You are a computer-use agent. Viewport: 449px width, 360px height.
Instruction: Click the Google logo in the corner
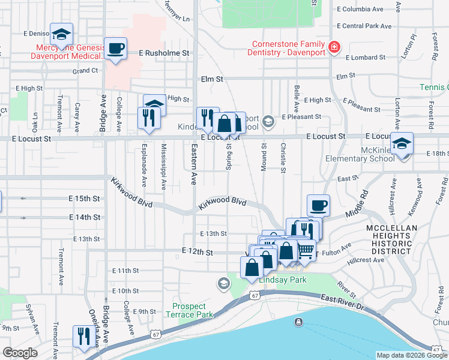(x=20, y=353)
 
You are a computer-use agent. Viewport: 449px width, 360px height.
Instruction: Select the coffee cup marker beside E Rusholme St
(x=115, y=48)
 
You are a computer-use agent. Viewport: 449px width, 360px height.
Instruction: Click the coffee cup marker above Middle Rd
(x=318, y=205)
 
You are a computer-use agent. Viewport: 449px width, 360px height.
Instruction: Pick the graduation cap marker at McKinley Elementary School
(x=402, y=143)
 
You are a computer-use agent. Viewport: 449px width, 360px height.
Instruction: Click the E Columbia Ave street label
(x=360, y=10)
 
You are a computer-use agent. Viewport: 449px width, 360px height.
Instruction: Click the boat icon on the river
(x=298, y=323)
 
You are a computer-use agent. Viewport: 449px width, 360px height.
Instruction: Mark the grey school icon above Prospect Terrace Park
(x=224, y=283)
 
